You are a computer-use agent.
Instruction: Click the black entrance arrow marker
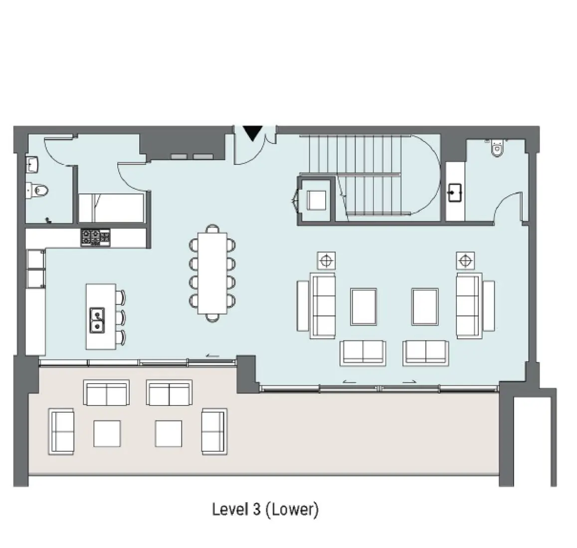click(253, 133)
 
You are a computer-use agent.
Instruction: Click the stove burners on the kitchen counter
click(95, 237)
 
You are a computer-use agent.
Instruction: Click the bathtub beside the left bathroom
click(111, 207)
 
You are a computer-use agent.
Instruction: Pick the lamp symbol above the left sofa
click(326, 261)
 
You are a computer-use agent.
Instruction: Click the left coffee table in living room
click(364, 306)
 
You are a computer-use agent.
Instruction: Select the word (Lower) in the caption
click(292, 510)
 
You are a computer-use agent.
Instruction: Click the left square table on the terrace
click(107, 433)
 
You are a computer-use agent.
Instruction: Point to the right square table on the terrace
click(168, 433)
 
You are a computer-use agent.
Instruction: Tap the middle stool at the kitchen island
click(121, 317)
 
